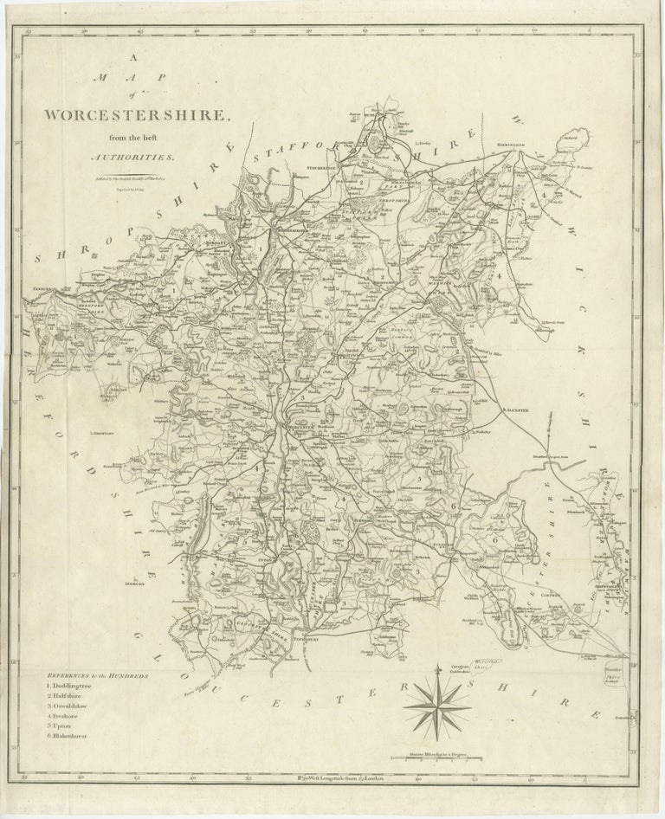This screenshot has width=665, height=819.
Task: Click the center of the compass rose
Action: tap(442, 695)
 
